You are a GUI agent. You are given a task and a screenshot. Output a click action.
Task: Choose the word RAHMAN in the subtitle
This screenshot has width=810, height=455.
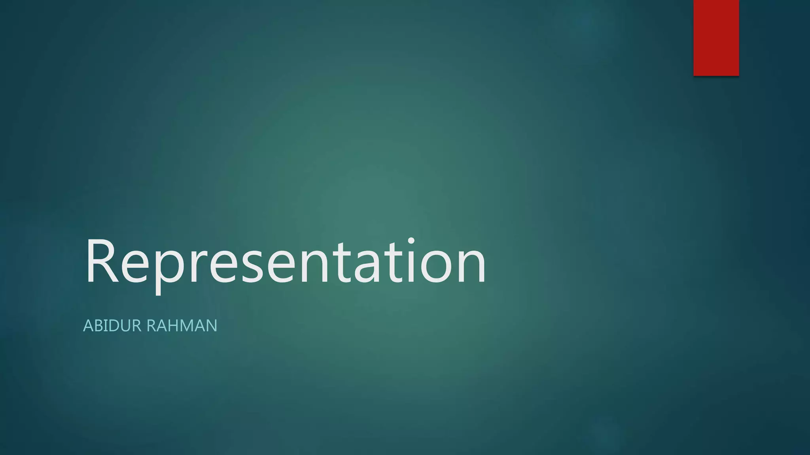coord(182,326)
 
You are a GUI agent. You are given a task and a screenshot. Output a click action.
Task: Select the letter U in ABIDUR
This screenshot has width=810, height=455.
coord(125,326)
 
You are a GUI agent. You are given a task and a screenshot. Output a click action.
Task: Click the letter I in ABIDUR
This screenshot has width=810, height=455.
coord(106,326)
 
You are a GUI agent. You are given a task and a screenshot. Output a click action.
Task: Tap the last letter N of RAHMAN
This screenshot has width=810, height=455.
coord(211,326)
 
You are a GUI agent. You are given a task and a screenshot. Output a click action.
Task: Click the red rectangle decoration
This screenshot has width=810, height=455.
coord(716,38)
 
